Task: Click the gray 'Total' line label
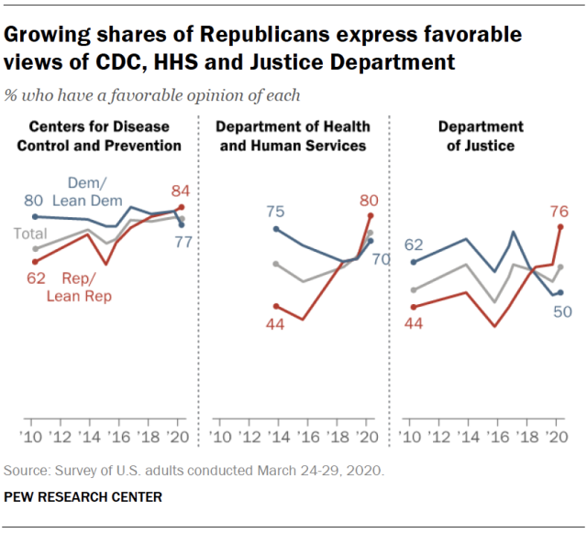tap(29, 234)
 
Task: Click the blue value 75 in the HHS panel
tap(275, 212)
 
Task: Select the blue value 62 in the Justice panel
tap(415, 245)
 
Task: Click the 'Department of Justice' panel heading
tap(480, 136)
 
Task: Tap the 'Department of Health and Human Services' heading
tap(293, 136)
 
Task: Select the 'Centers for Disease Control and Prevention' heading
tap(105, 136)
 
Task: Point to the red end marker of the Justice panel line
tap(559, 225)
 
